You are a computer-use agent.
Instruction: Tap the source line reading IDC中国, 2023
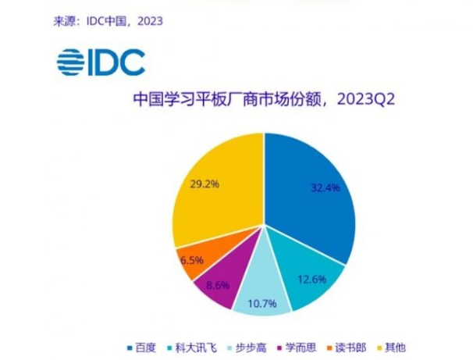point(107,21)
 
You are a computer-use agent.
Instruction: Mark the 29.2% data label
point(205,184)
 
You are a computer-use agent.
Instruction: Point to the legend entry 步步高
point(249,346)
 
